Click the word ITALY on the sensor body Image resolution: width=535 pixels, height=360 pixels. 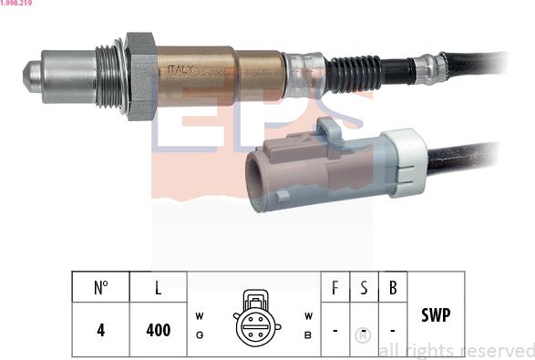[x=180, y=69]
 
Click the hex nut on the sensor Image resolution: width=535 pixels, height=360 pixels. [x=141, y=76]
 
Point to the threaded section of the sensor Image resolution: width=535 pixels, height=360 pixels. [x=108, y=77]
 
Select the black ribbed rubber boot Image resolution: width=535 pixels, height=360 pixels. [x=354, y=73]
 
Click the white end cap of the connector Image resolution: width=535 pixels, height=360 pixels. [x=406, y=163]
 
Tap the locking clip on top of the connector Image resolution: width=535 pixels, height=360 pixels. [x=329, y=131]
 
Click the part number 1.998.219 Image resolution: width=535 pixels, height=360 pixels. [x=16, y=3]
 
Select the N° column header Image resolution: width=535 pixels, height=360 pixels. [x=100, y=287]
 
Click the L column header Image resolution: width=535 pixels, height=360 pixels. [x=158, y=287]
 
